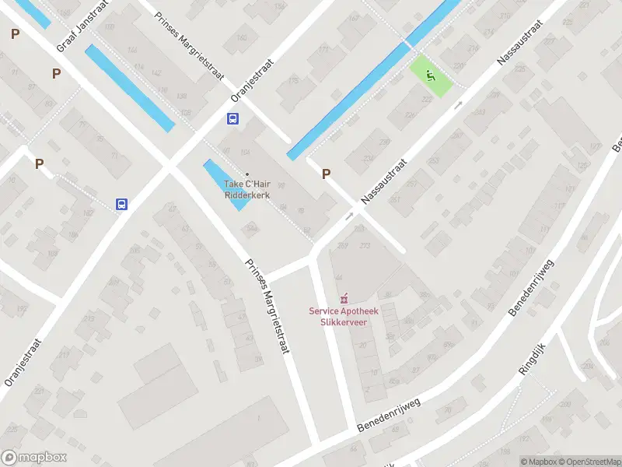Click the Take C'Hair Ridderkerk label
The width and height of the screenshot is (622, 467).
(247, 189)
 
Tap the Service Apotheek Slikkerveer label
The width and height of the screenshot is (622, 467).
(344, 316)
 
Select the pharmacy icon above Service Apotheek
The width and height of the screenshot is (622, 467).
(344, 298)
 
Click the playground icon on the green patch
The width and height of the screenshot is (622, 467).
(431, 75)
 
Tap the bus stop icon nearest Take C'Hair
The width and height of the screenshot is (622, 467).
(232, 119)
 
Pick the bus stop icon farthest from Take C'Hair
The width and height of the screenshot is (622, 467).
(122, 204)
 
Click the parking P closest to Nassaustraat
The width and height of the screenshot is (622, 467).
(327, 174)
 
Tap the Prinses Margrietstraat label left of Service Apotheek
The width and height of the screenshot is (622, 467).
(267, 306)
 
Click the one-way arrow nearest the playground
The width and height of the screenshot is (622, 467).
(459, 104)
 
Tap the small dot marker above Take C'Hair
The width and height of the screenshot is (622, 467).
(248, 174)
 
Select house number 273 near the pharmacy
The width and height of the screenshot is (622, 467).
(365, 247)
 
